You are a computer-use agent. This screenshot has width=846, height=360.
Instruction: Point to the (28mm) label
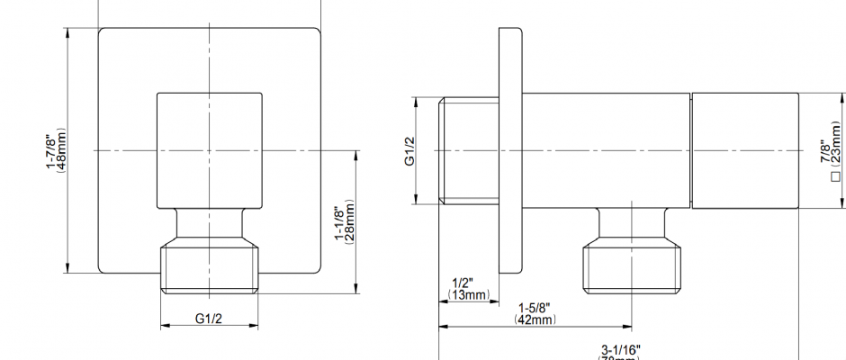pyautogui.click(x=351, y=220)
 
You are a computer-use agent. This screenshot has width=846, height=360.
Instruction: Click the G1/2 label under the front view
pyautogui.click(x=209, y=318)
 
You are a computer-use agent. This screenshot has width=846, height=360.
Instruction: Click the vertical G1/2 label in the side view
pyautogui.click(x=408, y=151)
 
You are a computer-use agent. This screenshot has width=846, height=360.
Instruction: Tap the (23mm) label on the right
pyautogui.click(x=837, y=144)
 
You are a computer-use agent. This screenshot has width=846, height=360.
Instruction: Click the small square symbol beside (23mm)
pyautogui.click(x=836, y=177)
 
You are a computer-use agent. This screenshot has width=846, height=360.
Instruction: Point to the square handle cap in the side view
pyautogui.click(x=744, y=150)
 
